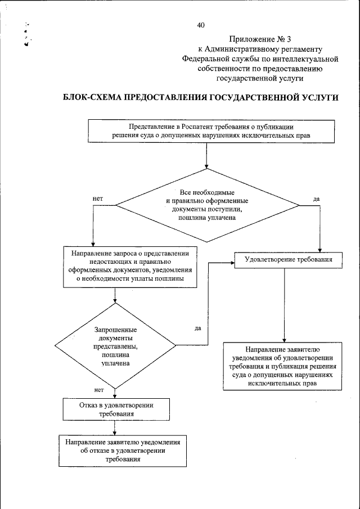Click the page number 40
point(201,25)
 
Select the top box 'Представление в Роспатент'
point(207,132)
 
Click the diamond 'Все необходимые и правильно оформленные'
point(208,205)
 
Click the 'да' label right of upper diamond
point(316,199)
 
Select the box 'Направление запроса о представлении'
point(130,267)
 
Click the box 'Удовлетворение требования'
point(288,260)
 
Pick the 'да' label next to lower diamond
point(198,328)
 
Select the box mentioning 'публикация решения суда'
point(282,366)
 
